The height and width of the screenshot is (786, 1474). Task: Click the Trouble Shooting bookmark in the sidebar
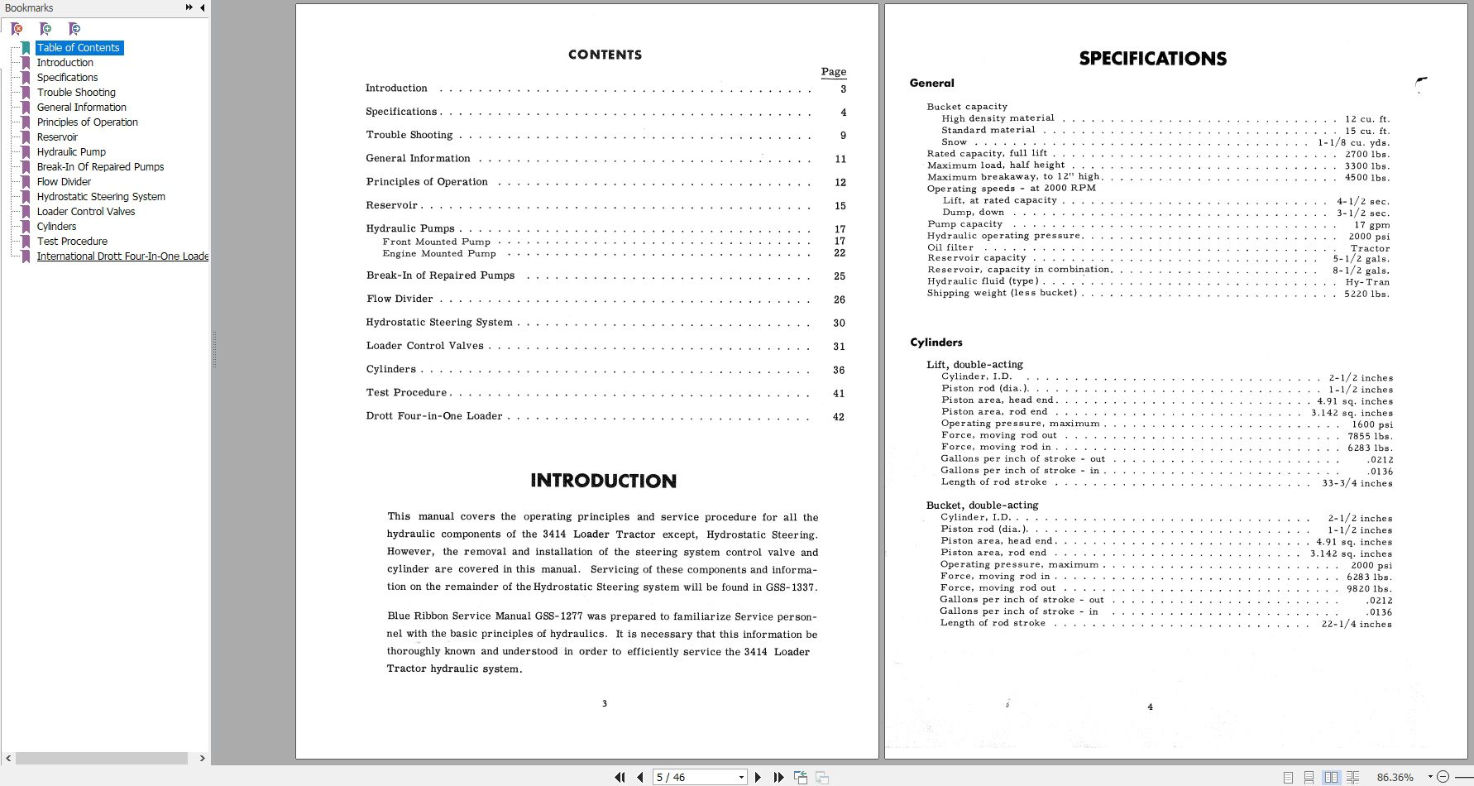[x=76, y=93]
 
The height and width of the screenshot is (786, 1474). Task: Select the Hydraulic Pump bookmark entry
[x=71, y=152]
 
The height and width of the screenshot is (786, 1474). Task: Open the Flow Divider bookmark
[x=64, y=182]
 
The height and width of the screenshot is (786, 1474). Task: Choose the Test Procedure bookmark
[x=72, y=242]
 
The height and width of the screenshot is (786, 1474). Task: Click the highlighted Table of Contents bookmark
[x=79, y=48]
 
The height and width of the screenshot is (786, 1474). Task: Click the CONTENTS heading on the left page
[x=605, y=55]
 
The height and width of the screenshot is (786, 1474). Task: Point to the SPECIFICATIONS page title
[x=1152, y=59]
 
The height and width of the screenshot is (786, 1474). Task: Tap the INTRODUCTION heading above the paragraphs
[x=603, y=481]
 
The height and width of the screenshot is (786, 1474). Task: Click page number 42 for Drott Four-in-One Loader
[x=838, y=417]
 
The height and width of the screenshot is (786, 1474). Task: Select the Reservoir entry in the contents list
[x=392, y=205]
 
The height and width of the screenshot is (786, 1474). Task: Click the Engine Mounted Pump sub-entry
[x=439, y=254]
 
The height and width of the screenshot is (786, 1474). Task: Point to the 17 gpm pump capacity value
[x=1371, y=225]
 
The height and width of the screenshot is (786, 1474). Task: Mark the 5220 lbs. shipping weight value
[x=1366, y=294]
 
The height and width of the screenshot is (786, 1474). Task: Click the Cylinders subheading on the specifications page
[x=936, y=343]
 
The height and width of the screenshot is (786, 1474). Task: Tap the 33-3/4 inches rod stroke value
[x=1357, y=483]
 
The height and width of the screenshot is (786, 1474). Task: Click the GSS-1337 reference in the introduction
[x=790, y=587]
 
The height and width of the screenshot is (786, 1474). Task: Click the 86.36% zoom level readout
[x=1395, y=777]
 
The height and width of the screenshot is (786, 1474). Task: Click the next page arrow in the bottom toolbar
[x=758, y=777]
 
